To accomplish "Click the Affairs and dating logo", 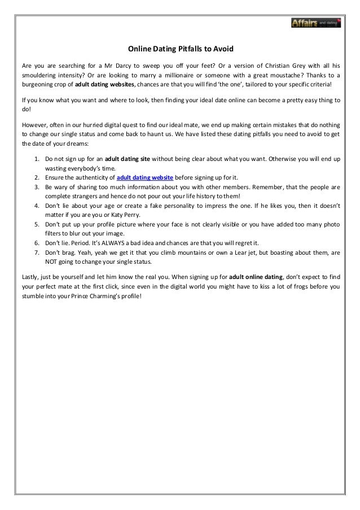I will tap(316, 23).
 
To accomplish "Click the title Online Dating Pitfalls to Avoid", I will tap(179, 49).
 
